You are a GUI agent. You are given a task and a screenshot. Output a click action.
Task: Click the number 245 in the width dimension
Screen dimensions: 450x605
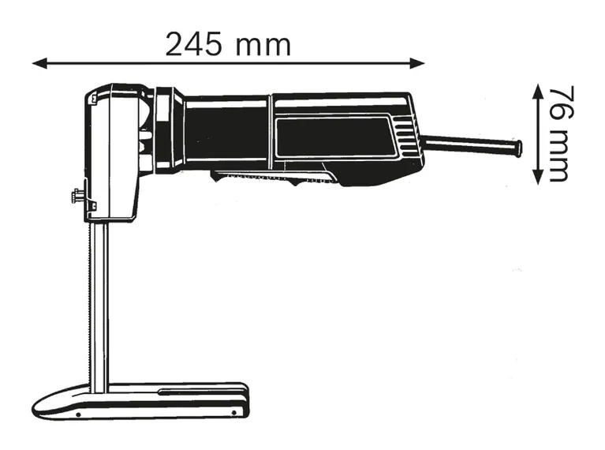193,44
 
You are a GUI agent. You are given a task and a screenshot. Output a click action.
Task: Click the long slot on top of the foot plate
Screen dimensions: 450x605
201,391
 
